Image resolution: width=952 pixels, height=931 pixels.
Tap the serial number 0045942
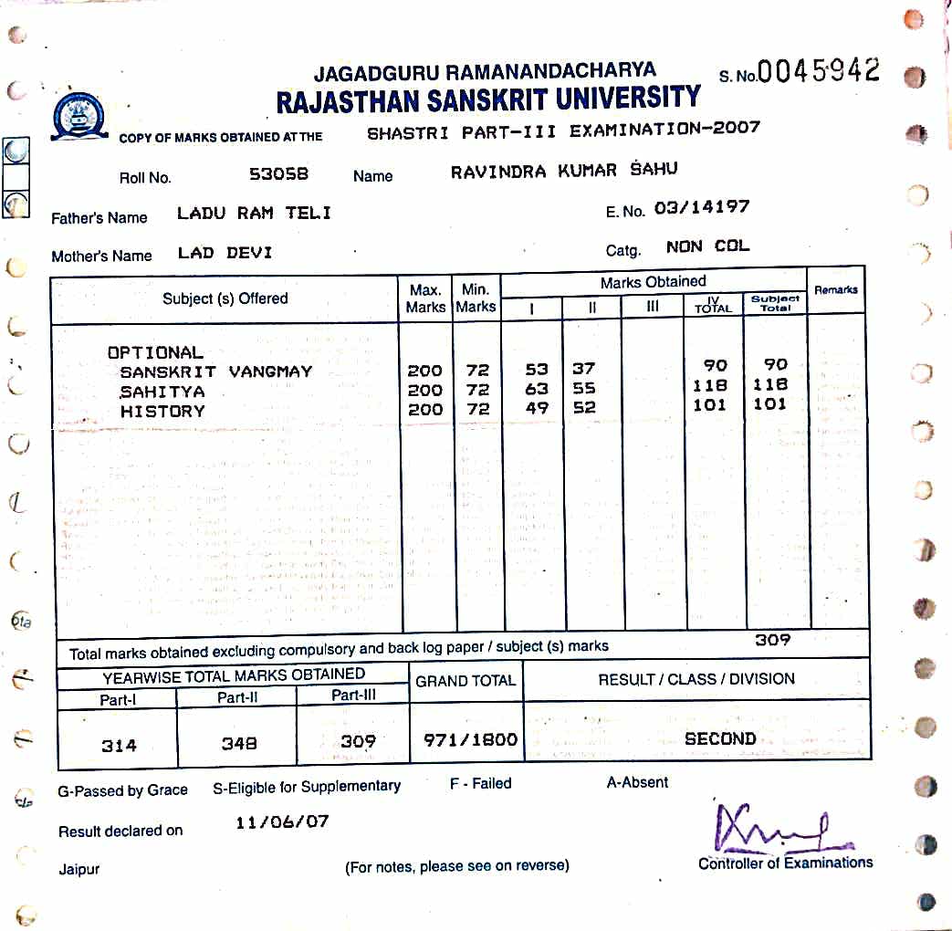point(819,71)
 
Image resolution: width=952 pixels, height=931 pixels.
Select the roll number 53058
point(278,173)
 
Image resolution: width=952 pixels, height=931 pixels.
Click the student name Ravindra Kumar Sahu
point(564,171)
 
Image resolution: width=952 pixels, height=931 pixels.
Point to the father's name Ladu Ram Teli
point(254,214)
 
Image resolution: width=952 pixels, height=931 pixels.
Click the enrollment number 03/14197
point(702,207)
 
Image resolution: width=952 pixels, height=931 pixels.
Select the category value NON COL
point(707,246)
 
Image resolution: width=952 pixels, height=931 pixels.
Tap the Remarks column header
point(835,289)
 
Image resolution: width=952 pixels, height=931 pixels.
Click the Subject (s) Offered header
point(225,298)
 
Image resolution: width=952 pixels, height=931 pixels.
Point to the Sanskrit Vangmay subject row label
point(215,371)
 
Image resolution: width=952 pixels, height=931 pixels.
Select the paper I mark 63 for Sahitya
point(537,390)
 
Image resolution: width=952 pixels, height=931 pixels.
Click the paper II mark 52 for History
point(584,409)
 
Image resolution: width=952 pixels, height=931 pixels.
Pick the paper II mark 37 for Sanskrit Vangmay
point(584,369)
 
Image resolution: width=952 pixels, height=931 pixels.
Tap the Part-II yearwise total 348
point(239,744)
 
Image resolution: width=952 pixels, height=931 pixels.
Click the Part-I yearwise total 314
point(119,746)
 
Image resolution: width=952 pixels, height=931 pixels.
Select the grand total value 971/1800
point(470,740)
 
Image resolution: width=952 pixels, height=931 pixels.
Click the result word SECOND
point(720,738)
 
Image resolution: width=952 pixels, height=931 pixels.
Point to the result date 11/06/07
point(282,821)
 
